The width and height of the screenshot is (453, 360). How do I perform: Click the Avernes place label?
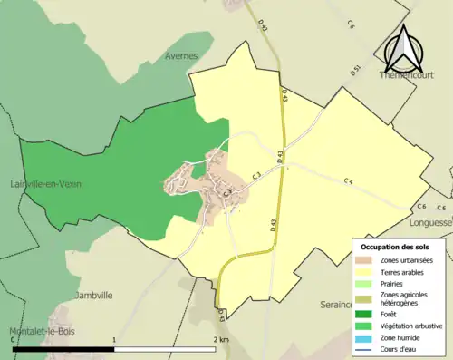coord(181,55)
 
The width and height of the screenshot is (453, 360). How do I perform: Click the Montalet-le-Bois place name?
coord(45,331)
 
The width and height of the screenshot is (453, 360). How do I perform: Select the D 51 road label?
coord(356,70)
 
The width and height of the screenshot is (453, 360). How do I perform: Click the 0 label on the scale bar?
coord(12,340)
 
